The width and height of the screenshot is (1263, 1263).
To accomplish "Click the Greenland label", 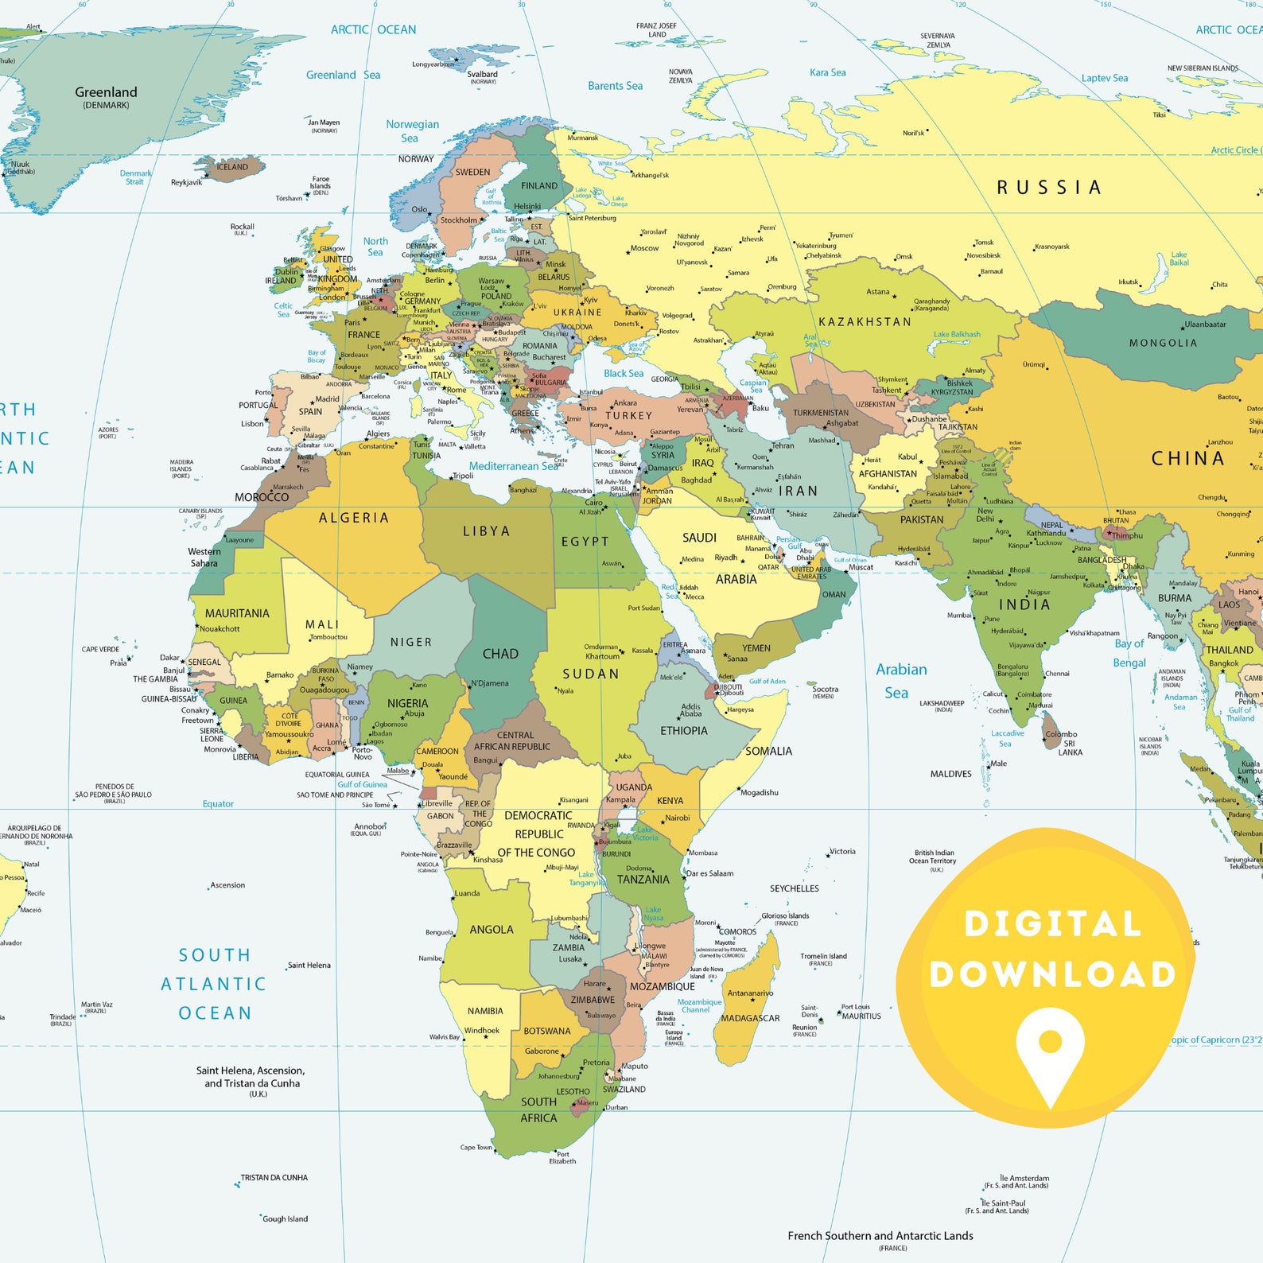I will [106, 92].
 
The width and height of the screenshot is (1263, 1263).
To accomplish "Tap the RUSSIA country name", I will [1049, 188].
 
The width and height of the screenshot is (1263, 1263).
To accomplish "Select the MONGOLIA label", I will [1163, 343].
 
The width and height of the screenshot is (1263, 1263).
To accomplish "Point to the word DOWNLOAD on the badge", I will [1052, 974].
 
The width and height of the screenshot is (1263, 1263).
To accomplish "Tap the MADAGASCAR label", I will [750, 1018].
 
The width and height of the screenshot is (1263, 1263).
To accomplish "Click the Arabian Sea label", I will [900, 681].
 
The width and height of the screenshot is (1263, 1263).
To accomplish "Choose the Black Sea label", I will [623, 373].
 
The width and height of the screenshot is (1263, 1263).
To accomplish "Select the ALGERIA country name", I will [354, 518].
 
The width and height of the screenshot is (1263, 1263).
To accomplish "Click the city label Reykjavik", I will [186, 182].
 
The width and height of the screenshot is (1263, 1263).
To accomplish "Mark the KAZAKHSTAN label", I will [865, 322].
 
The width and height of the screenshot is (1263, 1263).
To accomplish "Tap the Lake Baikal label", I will [1179, 258].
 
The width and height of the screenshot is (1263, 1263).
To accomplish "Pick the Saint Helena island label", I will [309, 965].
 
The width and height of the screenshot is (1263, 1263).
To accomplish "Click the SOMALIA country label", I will [768, 751].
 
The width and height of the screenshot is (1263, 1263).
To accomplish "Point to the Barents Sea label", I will [615, 86].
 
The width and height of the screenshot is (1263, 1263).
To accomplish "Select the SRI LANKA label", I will [1070, 748].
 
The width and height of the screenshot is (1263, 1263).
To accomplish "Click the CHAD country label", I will [500, 654].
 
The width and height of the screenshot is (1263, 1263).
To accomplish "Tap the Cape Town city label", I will [476, 1147].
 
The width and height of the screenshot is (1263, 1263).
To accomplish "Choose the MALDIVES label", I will [950, 774].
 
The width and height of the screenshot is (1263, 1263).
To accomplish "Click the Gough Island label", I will [285, 1218].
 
